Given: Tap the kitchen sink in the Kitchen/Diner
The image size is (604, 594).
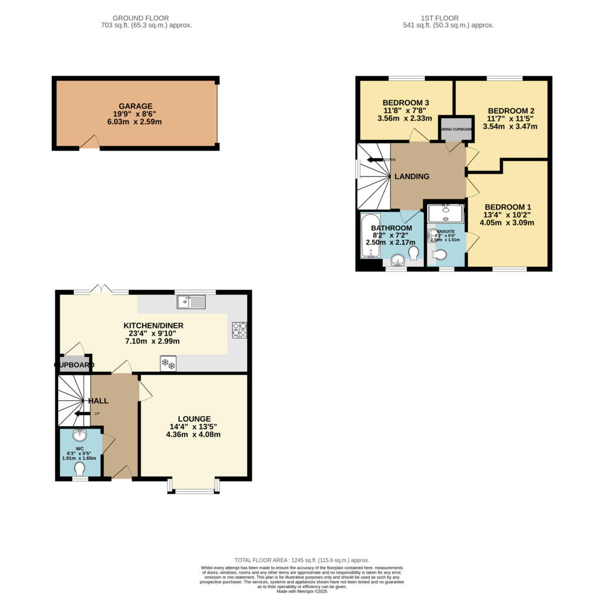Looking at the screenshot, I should (x=191, y=302).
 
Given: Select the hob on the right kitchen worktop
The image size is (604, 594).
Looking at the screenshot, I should (x=239, y=329).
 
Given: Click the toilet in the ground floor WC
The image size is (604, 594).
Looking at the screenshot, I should (x=80, y=468).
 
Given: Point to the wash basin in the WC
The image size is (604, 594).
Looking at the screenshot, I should (x=80, y=436).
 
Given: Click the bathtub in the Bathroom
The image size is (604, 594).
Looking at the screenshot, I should (x=370, y=236).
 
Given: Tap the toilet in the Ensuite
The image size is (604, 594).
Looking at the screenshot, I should (x=439, y=254).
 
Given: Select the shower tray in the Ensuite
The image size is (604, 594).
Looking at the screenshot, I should (x=446, y=214).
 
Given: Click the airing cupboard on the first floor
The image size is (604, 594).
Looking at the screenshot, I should (x=455, y=129).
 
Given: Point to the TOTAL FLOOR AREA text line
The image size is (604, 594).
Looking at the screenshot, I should (x=301, y=560).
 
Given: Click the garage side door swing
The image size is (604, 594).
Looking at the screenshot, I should (x=90, y=142).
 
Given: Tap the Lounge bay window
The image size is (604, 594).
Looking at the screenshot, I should (x=193, y=485).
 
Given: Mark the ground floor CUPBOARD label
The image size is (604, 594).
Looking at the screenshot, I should (x=74, y=365).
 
